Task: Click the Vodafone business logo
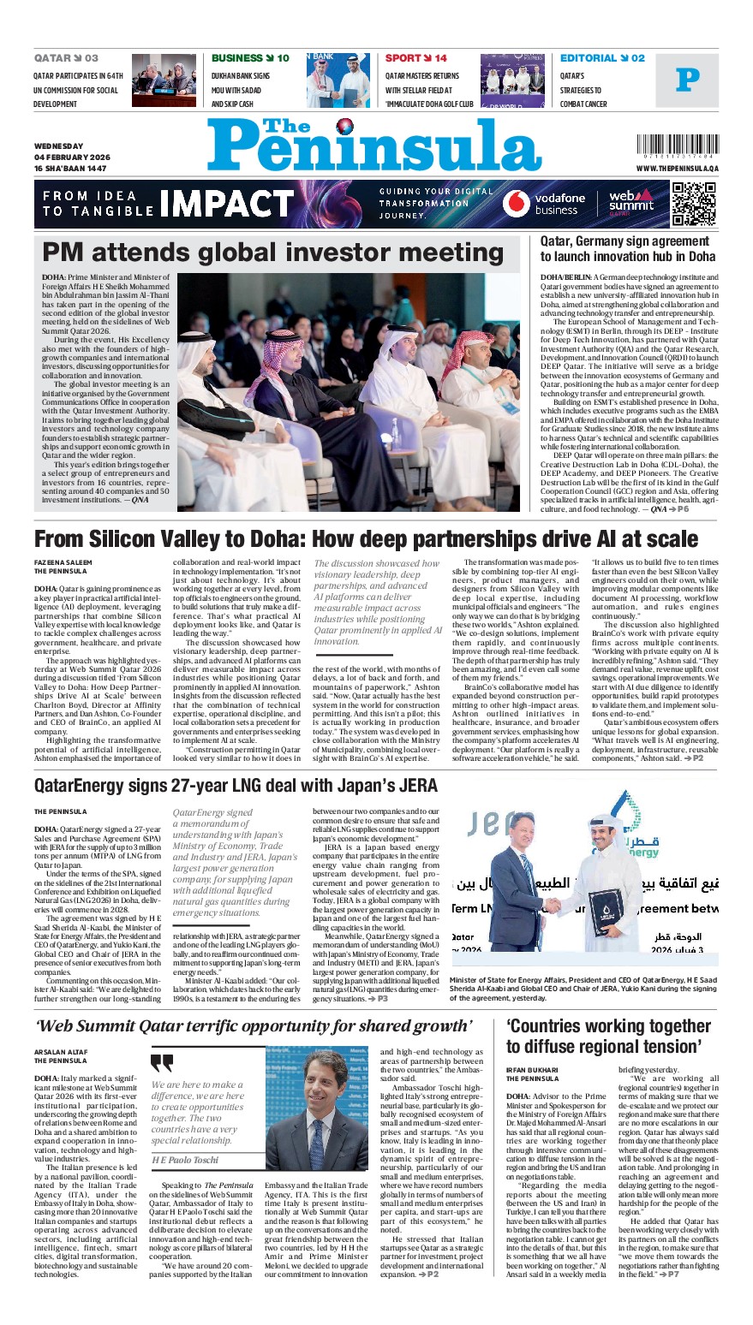pos(544,204)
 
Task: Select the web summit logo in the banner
pos(631,203)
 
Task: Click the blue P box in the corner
pos(687,80)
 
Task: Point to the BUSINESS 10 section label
pos(250,58)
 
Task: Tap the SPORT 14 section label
pos(415,58)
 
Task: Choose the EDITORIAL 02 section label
pos(602,58)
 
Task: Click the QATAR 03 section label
pos(66,58)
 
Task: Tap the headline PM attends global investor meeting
pos(273,253)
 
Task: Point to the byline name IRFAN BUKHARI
pos(532,1070)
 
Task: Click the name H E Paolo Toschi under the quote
pos(186,1160)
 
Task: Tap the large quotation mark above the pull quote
pos(162,1064)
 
